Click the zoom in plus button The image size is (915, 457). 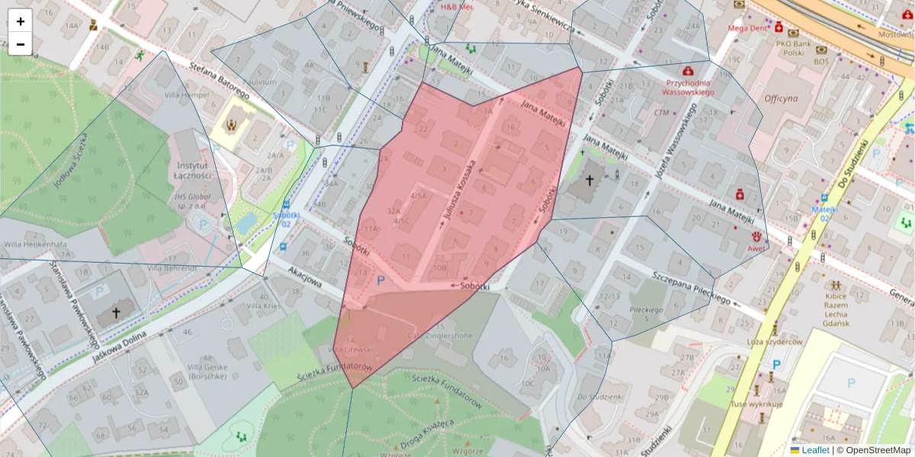click(x=21, y=21)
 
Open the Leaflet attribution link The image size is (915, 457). click(x=814, y=450)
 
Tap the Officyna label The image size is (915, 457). click(x=781, y=98)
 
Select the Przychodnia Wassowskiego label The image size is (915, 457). click(x=689, y=87)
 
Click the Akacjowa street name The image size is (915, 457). click(x=306, y=277)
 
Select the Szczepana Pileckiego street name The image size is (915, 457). click(x=683, y=284)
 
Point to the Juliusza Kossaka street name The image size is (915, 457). click(x=460, y=193)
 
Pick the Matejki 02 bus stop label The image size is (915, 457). click(x=824, y=213)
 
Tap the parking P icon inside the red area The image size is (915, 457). click(x=380, y=280)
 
